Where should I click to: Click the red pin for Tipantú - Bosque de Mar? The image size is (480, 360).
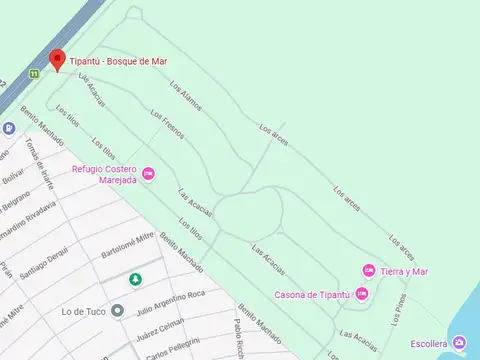coord(57,60)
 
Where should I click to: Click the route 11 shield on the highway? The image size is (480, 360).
coord(34,73)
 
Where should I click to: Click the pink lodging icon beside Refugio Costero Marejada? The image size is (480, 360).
coord(149,174)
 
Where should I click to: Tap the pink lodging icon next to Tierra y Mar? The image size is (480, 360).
coord(368,271)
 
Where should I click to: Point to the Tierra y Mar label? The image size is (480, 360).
coord(405,271)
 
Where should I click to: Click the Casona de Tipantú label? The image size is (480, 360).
coord(312,294)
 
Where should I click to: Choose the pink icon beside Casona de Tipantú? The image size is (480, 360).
coord(361,293)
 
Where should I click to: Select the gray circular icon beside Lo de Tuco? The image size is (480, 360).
coord(118,310)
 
